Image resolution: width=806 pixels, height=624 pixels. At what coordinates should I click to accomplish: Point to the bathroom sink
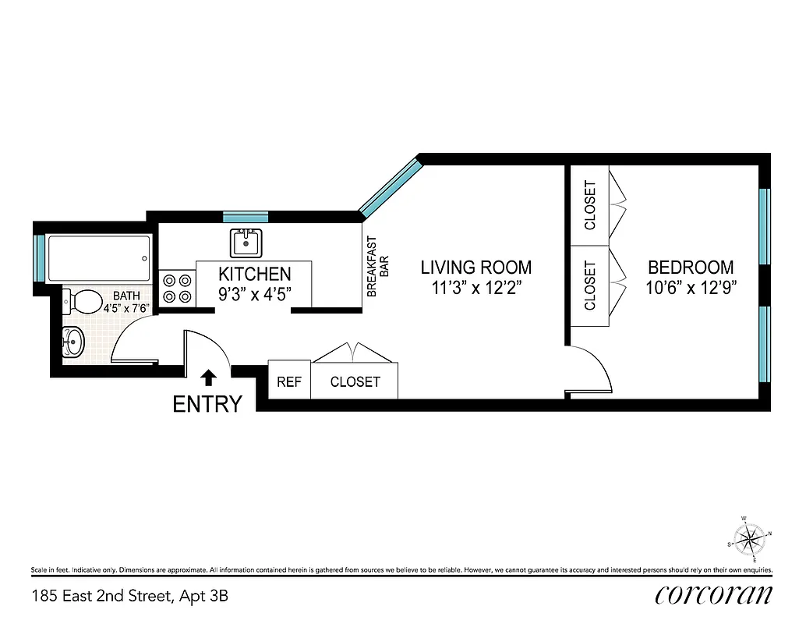pos(72,341)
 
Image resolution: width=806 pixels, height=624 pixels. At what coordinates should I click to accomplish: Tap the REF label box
pos(289,381)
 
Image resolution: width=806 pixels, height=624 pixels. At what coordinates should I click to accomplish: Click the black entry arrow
pos(208,378)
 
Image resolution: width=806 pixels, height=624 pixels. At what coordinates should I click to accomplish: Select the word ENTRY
pos(207,404)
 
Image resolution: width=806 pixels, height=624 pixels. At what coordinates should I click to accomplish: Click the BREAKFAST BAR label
pos(377,267)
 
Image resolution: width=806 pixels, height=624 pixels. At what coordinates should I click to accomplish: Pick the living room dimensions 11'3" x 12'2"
pos(476,287)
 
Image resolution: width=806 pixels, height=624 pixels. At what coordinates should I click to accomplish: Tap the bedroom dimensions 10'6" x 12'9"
pos(691,287)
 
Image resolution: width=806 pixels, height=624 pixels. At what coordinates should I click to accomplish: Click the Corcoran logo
pos(715,595)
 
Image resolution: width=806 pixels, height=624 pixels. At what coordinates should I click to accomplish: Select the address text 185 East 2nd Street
pos(101,597)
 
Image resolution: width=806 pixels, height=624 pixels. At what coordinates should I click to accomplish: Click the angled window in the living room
pos(391,186)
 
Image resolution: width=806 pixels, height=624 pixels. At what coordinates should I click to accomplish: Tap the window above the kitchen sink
pos(246,217)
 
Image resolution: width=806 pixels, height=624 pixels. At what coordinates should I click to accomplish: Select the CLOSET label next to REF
pos(355,381)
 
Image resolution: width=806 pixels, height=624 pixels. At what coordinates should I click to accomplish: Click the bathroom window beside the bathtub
pos(40,257)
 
